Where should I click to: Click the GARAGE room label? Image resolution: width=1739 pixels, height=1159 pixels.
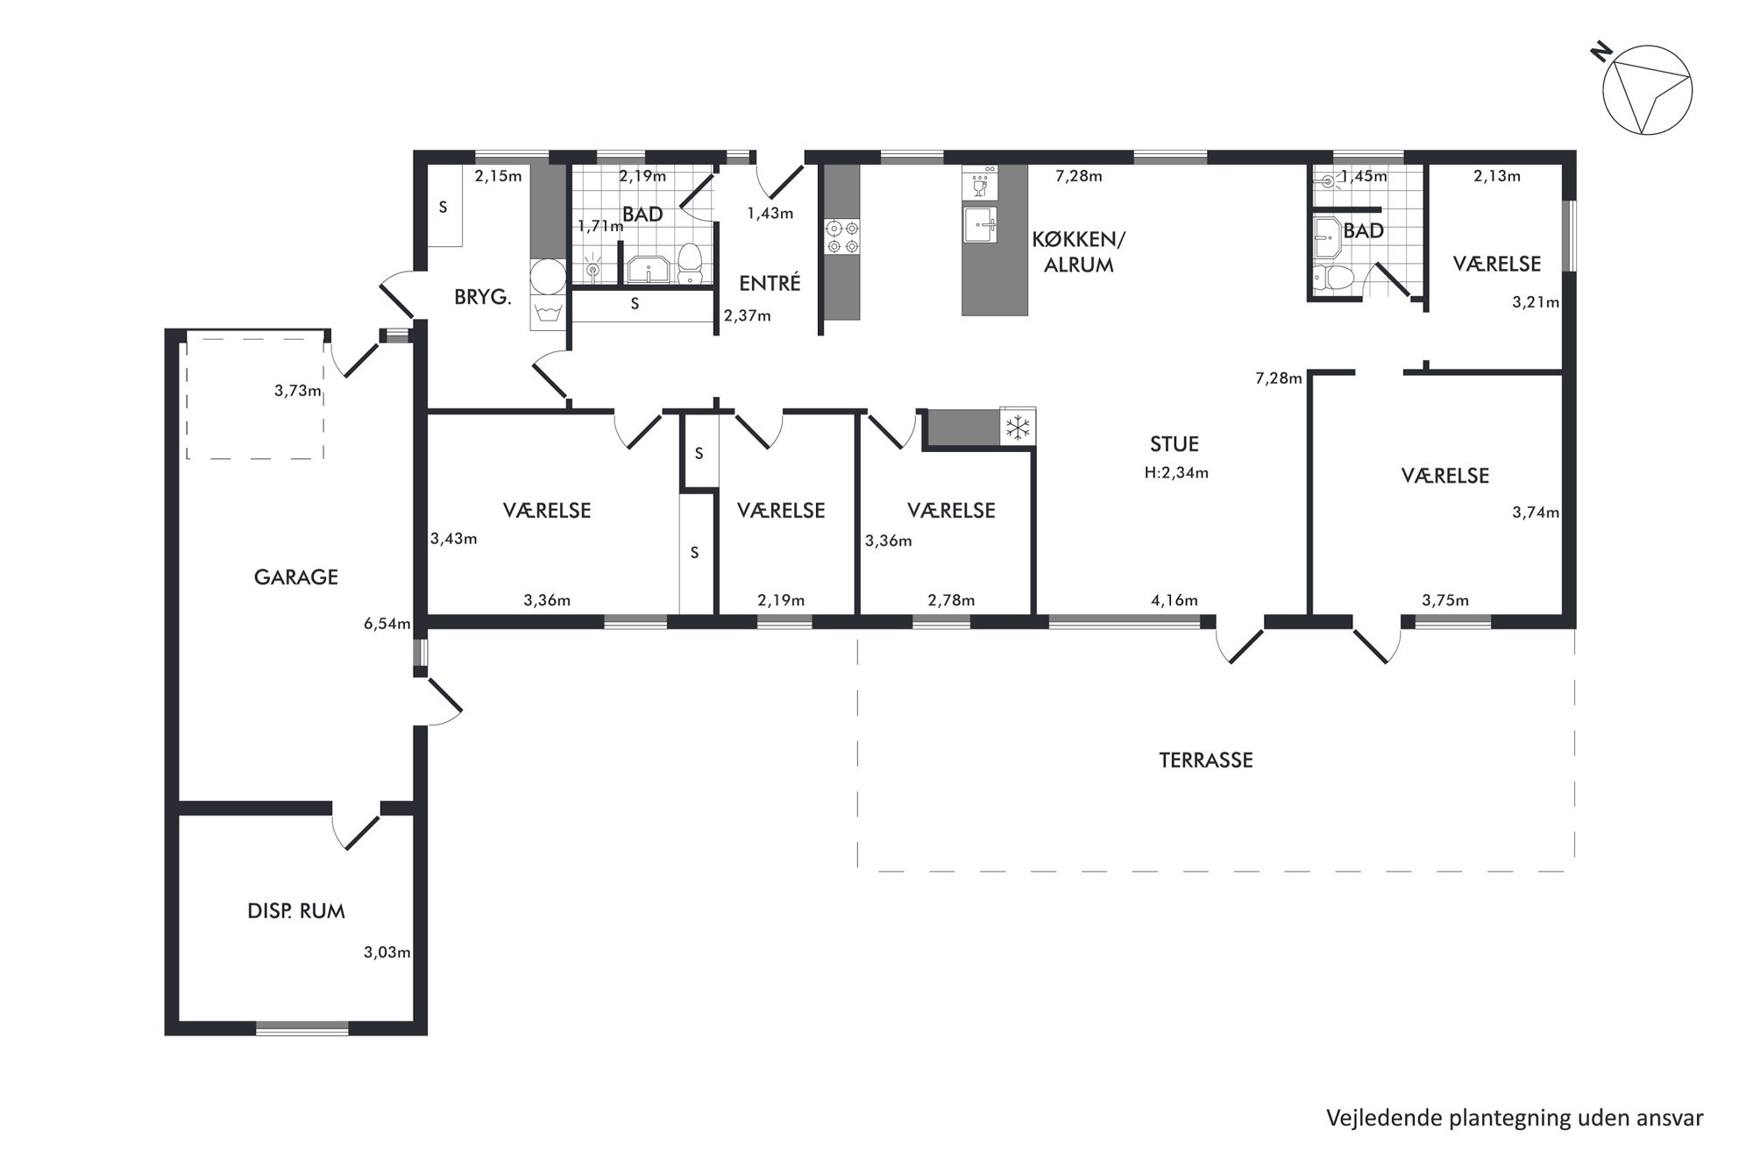click(x=295, y=577)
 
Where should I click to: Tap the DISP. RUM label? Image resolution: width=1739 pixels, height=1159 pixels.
click(x=296, y=911)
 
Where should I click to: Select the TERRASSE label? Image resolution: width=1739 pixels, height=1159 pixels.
click(x=1205, y=760)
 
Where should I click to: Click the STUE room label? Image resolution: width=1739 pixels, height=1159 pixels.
click(x=1175, y=444)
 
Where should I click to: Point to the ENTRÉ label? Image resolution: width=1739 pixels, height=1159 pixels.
click(x=770, y=283)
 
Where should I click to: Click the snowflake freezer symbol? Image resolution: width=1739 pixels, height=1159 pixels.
click(x=1018, y=428)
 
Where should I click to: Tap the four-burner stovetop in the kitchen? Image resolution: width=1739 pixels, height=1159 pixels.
click(x=842, y=237)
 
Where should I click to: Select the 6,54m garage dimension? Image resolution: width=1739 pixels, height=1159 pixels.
click(x=387, y=624)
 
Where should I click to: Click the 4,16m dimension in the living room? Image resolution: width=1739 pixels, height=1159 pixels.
click(x=1174, y=600)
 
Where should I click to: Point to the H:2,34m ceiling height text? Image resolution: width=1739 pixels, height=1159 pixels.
click(x=1176, y=473)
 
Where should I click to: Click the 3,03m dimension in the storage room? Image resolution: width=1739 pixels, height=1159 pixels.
click(x=387, y=952)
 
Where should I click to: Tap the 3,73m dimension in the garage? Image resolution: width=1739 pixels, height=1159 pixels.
click(x=298, y=391)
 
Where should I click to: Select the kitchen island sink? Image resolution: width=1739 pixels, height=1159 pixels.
click(x=982, y=224)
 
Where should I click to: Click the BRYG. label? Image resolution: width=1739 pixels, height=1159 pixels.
click(x=483, y=297)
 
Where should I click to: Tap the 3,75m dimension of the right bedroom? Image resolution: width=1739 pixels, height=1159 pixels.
click(x=1445, y=600)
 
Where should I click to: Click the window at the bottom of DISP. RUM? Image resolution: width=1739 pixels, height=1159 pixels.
click(x=302, y=1028)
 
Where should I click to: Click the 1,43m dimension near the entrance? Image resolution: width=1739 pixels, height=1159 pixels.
click(x=770, y=213)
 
